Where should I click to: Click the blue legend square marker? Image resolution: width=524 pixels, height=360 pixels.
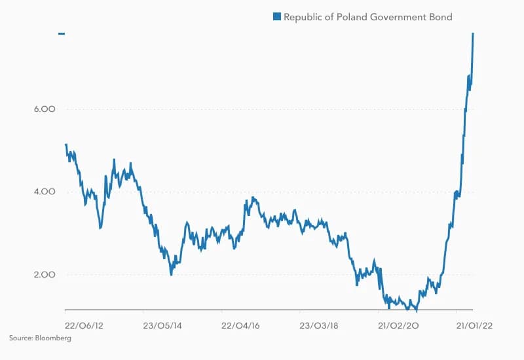278,17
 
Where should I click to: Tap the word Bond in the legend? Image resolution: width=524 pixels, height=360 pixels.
440,17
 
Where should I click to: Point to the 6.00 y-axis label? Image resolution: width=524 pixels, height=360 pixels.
43,109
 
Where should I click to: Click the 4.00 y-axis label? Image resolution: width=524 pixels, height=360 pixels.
43,192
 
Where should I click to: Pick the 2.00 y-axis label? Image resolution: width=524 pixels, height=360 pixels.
43,275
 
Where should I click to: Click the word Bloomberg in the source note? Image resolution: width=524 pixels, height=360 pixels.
54,338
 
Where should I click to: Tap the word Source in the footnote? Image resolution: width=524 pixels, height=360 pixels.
20,338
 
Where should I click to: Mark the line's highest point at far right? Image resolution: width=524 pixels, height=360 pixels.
473,33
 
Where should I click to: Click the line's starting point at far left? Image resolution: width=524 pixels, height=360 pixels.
66,145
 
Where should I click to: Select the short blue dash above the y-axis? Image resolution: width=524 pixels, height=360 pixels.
62,33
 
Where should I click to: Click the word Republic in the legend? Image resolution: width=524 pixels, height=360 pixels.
305,17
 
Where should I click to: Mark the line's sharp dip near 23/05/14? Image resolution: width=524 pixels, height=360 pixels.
171,274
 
